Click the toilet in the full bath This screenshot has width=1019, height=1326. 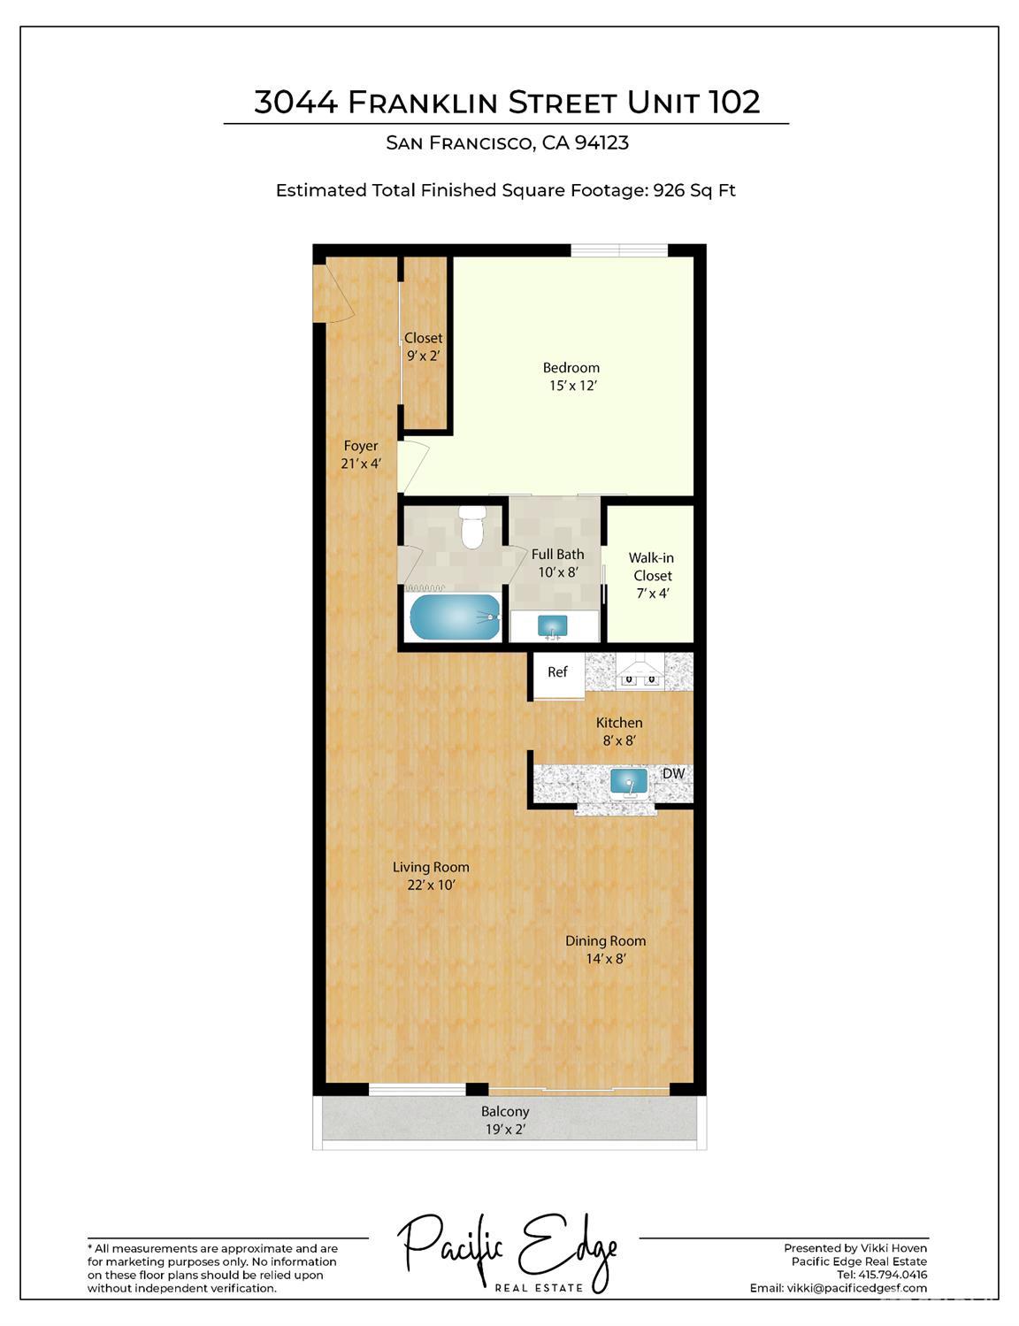click(x=472, y=527)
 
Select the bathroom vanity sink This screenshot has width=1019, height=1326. click(x=554, y=627)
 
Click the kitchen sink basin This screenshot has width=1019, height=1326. click(x=629, y=782)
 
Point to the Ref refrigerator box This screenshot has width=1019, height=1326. click(x=557, y=673)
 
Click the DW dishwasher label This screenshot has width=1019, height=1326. click(x=673, y=774)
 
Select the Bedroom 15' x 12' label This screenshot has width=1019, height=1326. click(x=571, y=377)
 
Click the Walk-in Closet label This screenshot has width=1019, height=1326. click(x=651, y=575)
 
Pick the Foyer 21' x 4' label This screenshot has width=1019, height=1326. click(x=361, y=455)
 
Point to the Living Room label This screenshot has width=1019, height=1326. click(x=431, y=876)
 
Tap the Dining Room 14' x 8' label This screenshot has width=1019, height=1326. click(x=606, y=950)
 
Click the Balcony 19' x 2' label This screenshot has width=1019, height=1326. click(x=505, y=1120)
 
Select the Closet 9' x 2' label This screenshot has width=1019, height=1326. click(x=424, y=347)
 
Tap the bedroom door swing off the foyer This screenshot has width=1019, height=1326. click(x=413, y=466)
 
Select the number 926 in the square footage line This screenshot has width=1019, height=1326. click(x=670, y=190)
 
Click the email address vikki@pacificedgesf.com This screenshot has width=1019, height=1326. click(x=856, y=1288)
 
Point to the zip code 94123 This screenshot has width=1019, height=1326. click(x=601, y=143)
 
